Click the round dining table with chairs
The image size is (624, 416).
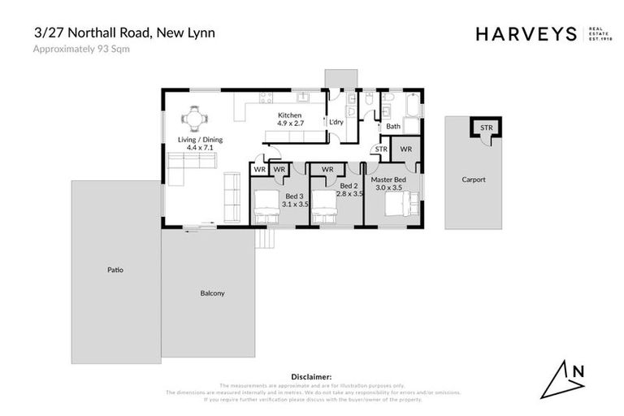tap(193, 119)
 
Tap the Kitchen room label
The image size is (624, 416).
tap(290, 115)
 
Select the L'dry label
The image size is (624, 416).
tap(336, 123)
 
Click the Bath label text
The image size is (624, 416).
tap(393, 126)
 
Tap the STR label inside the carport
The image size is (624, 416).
tap(486, 128)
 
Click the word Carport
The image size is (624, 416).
tap(473, 180)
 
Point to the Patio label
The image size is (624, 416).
tap(115, 270)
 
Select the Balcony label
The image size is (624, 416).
tap(212, 292)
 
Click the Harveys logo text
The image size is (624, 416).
tap(526, 33)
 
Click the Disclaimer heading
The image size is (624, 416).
tap(311, 377)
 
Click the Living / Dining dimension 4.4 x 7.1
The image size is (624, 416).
tap(196, 148)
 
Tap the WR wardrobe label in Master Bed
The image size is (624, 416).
tap(405, 149)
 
